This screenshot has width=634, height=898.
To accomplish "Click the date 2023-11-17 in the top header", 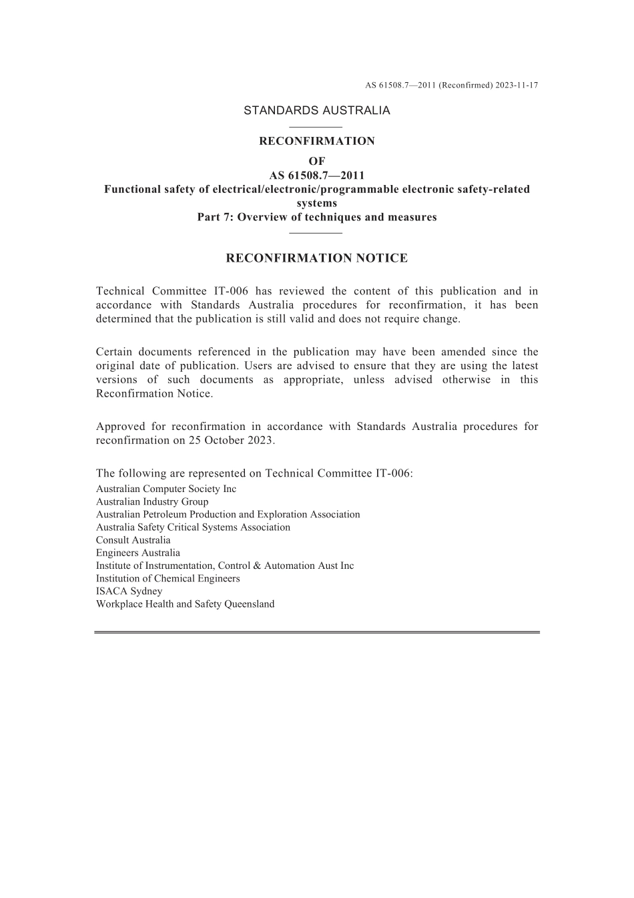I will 517,85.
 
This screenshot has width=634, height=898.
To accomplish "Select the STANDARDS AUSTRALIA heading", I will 316,111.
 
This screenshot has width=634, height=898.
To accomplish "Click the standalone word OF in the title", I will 316,162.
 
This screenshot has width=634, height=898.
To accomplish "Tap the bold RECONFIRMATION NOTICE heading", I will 316,258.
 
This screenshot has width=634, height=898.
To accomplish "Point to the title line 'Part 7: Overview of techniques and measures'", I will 316,217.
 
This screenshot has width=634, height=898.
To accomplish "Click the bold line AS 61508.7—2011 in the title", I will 316,176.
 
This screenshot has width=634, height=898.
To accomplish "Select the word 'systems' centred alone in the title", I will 316,203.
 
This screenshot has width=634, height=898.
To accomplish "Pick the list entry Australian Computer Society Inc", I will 166,489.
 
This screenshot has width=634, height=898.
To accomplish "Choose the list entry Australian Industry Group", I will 152,501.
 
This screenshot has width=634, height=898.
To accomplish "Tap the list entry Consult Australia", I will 133,540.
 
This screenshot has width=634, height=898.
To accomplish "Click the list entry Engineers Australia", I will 138,553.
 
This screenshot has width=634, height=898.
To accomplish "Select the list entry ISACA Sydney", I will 129,591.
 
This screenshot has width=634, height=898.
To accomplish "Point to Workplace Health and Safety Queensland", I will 185,604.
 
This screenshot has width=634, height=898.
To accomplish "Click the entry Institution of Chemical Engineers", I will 168,579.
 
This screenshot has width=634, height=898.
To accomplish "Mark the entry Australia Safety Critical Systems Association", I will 193,527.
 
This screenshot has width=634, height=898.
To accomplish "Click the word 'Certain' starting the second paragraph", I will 114,352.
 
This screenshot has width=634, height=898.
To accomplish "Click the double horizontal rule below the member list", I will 316,632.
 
